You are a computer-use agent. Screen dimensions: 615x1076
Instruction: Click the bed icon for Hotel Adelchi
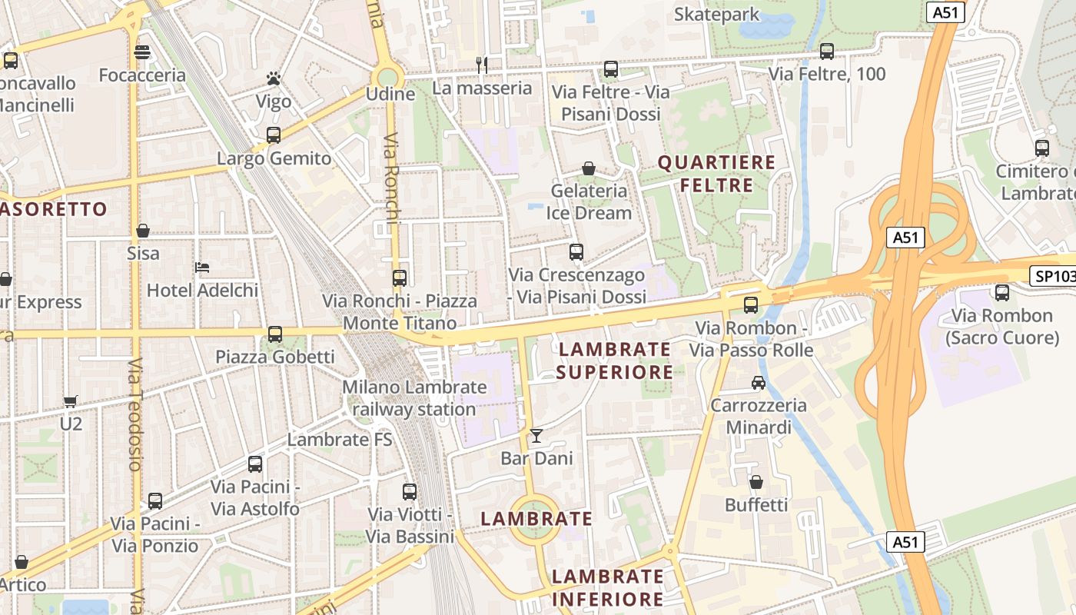point(203,268)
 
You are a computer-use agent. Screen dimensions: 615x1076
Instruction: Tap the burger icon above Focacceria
point(142,52)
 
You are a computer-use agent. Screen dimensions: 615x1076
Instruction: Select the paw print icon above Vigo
point(273,78)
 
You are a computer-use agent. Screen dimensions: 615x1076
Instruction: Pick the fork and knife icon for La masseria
point(482,65)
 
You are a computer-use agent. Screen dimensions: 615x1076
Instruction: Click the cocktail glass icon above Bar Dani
point(536,436)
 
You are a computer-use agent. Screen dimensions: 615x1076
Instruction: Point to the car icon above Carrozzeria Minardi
point(759,383)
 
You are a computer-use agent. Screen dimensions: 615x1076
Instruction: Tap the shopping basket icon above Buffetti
point(756,482)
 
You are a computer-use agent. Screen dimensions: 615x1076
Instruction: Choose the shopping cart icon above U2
point(71,401)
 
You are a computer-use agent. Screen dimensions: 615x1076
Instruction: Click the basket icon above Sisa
point(143,231)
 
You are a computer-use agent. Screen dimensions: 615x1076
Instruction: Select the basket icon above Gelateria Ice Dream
point(589,168)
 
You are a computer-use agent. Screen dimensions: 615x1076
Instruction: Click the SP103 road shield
point(1051,276)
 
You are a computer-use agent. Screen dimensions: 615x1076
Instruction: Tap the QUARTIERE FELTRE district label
point(716,174)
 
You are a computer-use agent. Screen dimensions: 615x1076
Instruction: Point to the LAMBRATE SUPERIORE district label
point(614,361)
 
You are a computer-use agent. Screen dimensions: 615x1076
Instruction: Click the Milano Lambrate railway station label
point(414,398)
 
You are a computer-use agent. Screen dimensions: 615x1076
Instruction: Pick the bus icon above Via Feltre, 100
point(827,52)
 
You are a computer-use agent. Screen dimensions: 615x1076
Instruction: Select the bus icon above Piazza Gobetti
point(275,334)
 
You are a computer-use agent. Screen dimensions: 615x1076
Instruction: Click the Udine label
point(390,95)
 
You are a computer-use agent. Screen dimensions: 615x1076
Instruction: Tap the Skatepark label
point(716,15)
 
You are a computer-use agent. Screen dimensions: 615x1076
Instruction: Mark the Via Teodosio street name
point(136,414)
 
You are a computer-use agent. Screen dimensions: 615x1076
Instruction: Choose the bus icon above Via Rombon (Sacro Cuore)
point(1002,292)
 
